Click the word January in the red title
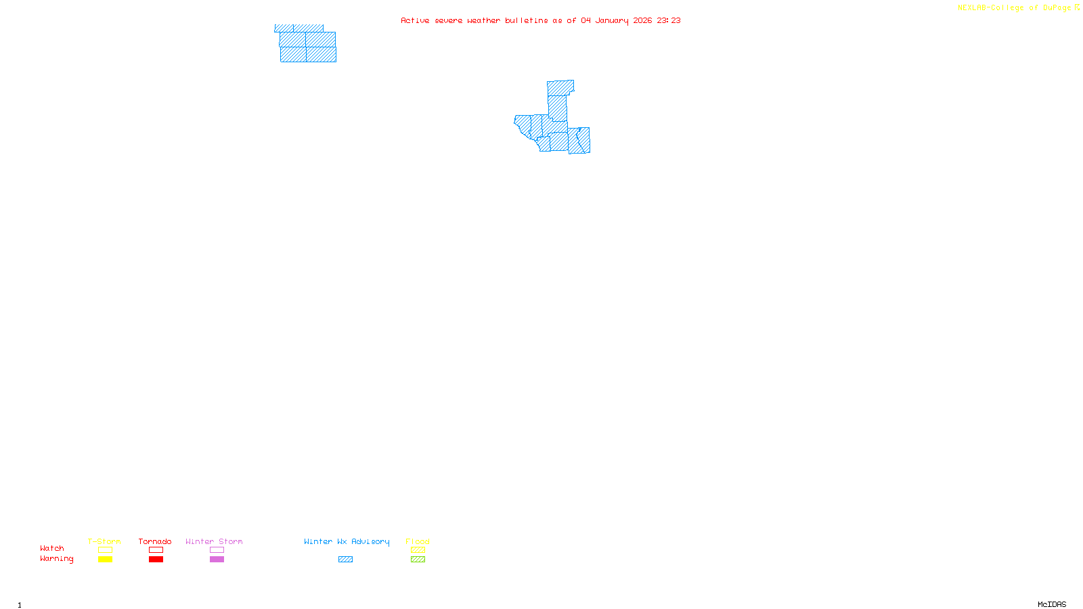pyautogui.click(x=611, y=20)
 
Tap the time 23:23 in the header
pyautogui.click(x=668, y=20)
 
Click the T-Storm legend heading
pyautogui.click(x=104, y=541)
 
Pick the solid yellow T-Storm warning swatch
pyautogui.click(x=105, y=560)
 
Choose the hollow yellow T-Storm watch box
pyautogui.click(x=105, y=550)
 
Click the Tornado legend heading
pyautogui.click(x=155, y=541)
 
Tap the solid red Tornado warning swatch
pyautogui.click(x=156, y=560)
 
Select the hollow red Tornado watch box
pyautogui.click(x=156, y=550)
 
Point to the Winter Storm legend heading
pyautogui.click(x=214, y=541)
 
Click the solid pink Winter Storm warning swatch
pyautogui.click(x=217, y=560)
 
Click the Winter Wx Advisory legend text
pyautogui.click(x=347, y=541)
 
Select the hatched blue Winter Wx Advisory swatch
pyautogui.click(x=345, y=560)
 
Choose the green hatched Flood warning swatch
pyautogui.click(x=418, y=560)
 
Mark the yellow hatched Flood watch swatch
pyautogui.click(x=418, y=550)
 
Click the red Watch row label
pyautogui.click(x=52, y=548)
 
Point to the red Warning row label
pyautogui.click(x=56, y=559)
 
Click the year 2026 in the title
pyautogui.click(x=642, y=20)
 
